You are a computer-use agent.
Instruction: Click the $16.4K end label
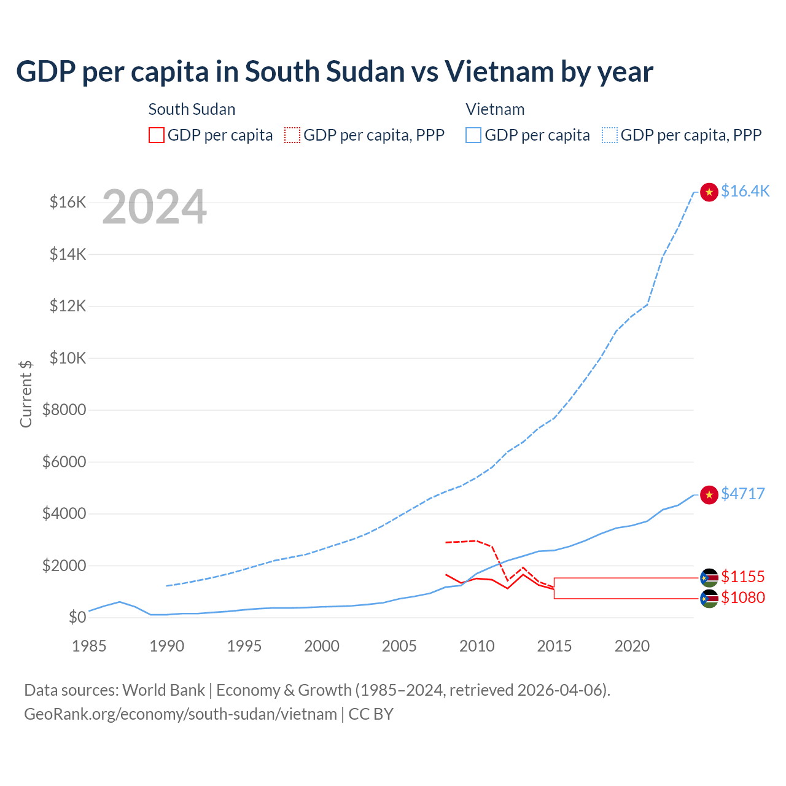[745, 191]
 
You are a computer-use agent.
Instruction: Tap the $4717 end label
[742, 494]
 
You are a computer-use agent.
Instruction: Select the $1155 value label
[742, 577]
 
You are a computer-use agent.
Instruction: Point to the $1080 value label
[742, 597]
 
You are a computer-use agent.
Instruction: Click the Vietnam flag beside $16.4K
[709, 192]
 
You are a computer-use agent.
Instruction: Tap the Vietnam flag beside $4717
[709, 495]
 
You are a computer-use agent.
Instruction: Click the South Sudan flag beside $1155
[709, 577]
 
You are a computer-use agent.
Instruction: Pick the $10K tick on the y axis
[68, 358]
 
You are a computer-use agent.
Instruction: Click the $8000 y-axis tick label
[64, 410]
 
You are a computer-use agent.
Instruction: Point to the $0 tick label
[77, 617]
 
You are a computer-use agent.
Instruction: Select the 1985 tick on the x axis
[89, 646]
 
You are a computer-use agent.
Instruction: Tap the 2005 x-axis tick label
[399, 646]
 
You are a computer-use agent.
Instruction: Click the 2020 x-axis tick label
[632, 646]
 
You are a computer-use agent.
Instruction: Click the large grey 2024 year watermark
[154, 208]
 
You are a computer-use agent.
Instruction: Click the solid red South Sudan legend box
[157, 135]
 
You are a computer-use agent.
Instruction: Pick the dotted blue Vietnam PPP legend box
[610, 135]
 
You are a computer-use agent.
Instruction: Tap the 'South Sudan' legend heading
[192, 109]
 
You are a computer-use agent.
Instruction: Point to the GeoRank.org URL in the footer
[181, 714]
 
